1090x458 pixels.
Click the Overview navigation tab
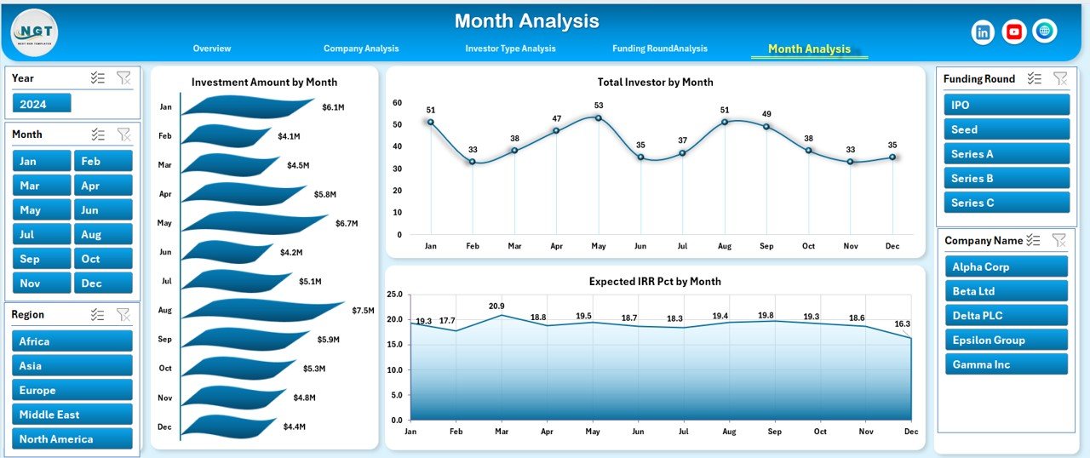click(211, 49)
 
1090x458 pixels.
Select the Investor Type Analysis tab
click(510, 49)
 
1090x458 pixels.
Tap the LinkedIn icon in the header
click(983, 32)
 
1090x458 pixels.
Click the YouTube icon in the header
click(1013, 32)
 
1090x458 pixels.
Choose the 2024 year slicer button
click(42, 103)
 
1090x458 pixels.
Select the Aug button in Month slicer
click(103, 234)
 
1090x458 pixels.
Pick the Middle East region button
click(72, 415)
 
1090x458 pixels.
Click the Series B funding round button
click(1007, 178)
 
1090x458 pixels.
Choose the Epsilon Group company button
click(1006, 340)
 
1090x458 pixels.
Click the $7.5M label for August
click(363, 311)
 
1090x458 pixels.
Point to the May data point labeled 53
click(599, 117)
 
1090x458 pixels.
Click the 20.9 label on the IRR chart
click(496, 306)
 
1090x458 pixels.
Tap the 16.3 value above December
click(902, 324)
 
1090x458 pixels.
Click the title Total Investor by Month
click(655, 83)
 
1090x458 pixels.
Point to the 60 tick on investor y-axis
click(397, 102)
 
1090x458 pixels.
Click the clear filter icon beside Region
click(123, 315)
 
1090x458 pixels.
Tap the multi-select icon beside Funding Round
click(1035, 78)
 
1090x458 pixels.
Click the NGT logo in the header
click(35, 32)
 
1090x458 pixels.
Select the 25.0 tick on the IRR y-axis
click(394, 295)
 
